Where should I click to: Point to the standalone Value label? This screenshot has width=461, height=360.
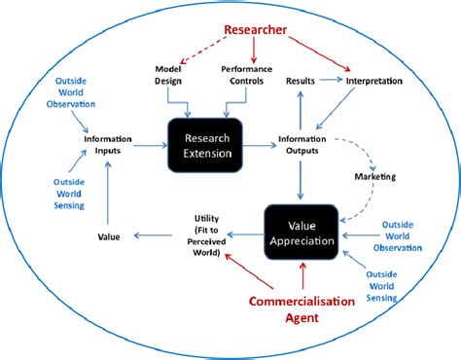click(110, 235)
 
